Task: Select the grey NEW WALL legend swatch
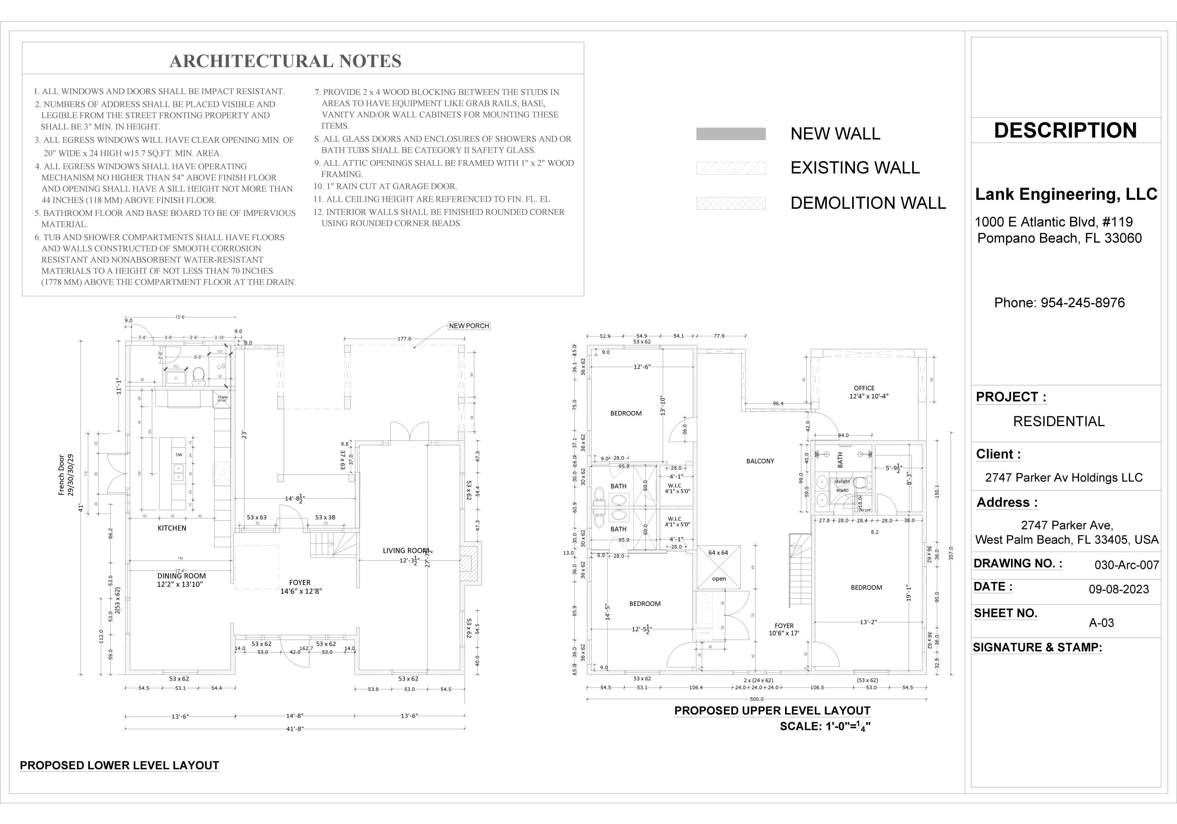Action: [731, 134]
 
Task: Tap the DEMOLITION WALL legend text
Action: [868, 203]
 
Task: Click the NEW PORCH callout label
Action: [468, 326]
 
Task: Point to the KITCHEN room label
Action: [172, 528]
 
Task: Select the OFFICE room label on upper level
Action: [864, 388]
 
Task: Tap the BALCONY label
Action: [760, 461]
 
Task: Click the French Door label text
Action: [62, 475]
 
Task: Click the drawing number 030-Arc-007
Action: [1126, 565]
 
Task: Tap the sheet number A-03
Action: [1101, 622]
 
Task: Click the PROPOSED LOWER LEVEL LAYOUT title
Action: [119, 766]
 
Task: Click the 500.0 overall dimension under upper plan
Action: [757, 699]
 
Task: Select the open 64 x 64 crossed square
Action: [719, 567]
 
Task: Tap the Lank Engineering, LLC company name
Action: [1066, 194]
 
